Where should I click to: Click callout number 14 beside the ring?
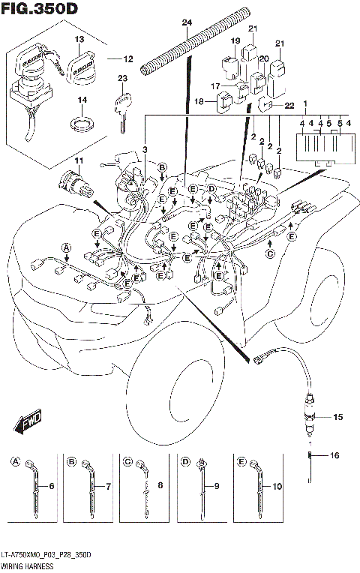(83, 100)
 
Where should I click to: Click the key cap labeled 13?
(82, 61)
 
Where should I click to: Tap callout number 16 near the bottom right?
(334, 455)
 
